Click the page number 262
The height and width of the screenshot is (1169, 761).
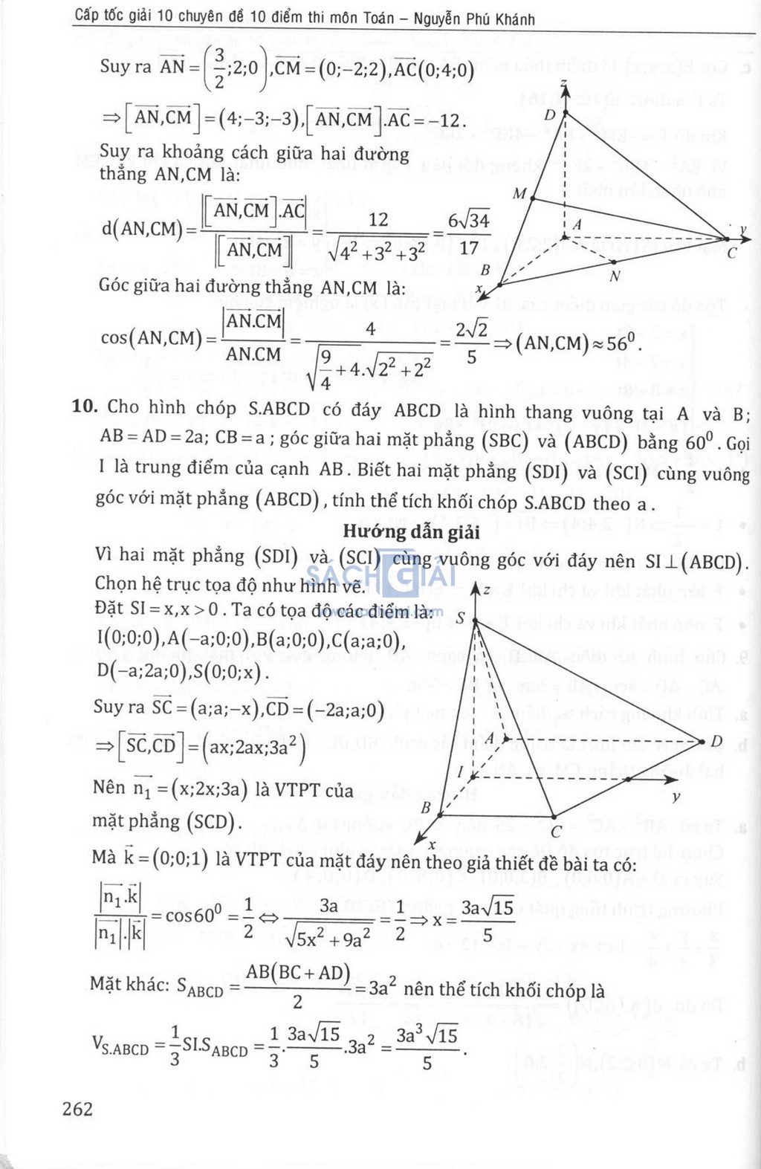coord(78,1109)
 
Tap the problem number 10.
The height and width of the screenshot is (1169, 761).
coord(85,407)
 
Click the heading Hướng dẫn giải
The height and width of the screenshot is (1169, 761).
coord(411,532)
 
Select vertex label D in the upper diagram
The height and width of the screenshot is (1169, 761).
coord(550,114)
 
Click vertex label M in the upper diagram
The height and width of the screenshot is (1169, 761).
coord(519,194)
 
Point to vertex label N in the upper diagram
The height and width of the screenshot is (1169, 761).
coord(615,276)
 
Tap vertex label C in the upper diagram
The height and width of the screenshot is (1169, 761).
coord(732,253)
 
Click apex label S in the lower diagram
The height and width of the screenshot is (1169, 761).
coord(461,618)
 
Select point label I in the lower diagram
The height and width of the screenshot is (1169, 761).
coord(460,772)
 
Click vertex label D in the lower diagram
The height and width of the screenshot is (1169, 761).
coord(716,741)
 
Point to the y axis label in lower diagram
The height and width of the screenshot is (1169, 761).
coord(676,797)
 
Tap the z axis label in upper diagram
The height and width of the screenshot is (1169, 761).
coord(565,82)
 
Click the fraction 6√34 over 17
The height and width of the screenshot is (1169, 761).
coord(468,233)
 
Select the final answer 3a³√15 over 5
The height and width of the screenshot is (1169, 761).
coord(427,1048)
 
